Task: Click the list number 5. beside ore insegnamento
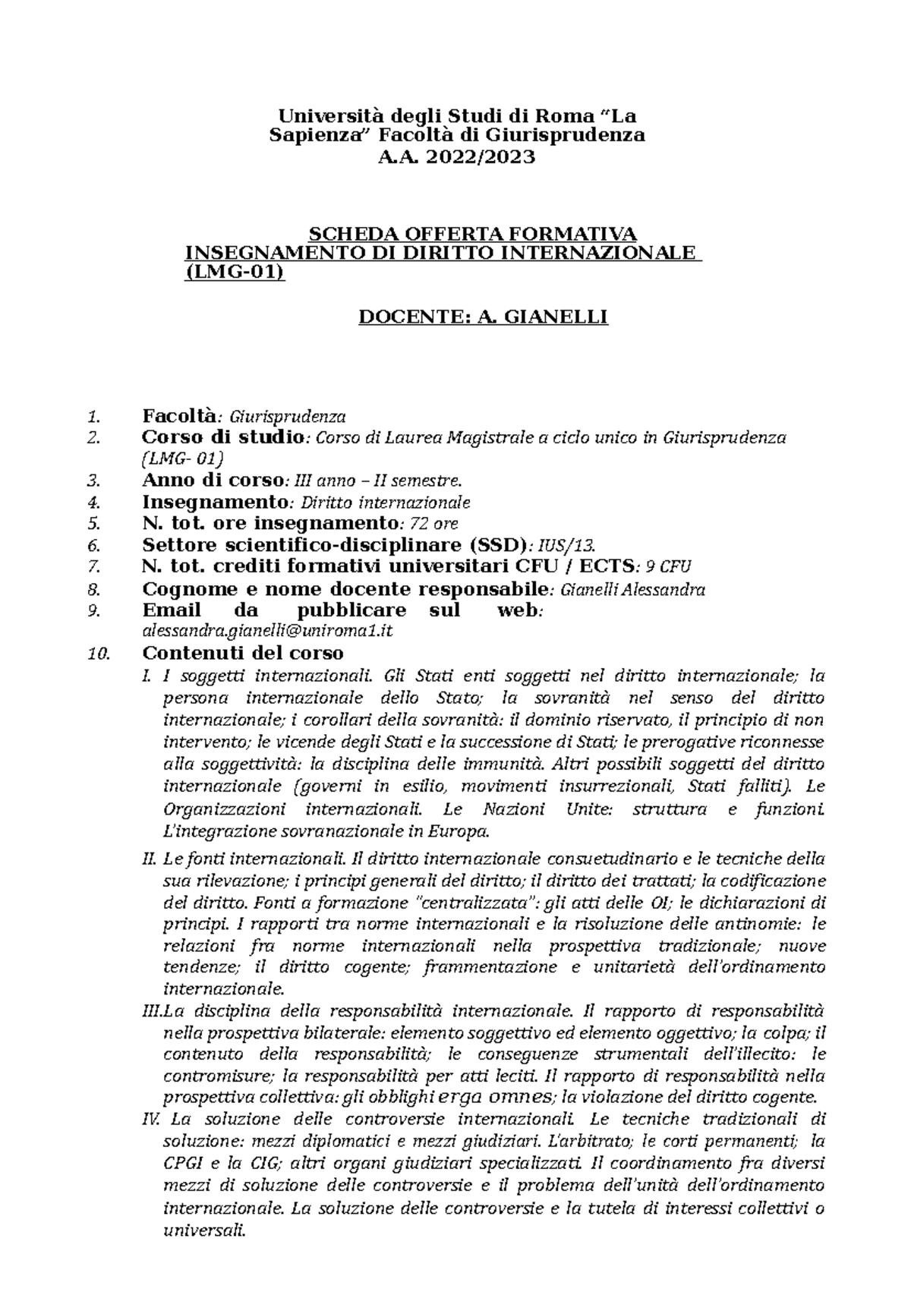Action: coord(93,523)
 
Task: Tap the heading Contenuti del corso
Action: coord(243,653)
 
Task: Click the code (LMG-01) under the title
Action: coord(235,273)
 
